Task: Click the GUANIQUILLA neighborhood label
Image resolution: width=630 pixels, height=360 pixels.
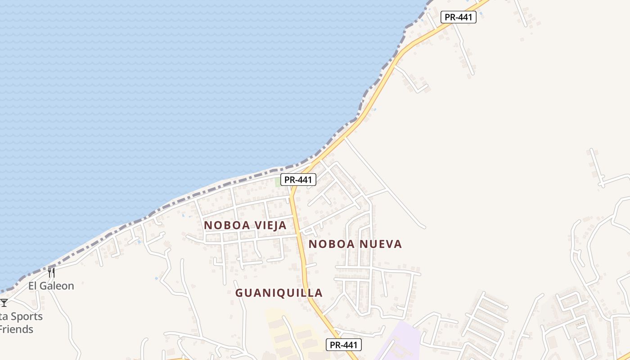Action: [279, 293]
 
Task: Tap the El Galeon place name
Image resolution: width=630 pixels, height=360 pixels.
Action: [51, 286]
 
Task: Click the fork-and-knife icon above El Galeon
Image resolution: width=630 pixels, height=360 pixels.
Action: [51, 272]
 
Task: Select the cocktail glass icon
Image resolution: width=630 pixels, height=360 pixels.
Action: [4, 303]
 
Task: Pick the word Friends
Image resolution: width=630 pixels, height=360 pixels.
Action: [16, 329]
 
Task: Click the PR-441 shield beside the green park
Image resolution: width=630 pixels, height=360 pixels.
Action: [298, 180]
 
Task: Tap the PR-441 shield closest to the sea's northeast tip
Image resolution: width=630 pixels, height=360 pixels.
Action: [458, 17]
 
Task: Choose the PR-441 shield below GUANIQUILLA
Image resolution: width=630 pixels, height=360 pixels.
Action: [344, 345]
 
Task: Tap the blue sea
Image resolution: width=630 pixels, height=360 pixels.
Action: [180, 90]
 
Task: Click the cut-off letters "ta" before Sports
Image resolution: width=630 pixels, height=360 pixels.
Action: [4, 316]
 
